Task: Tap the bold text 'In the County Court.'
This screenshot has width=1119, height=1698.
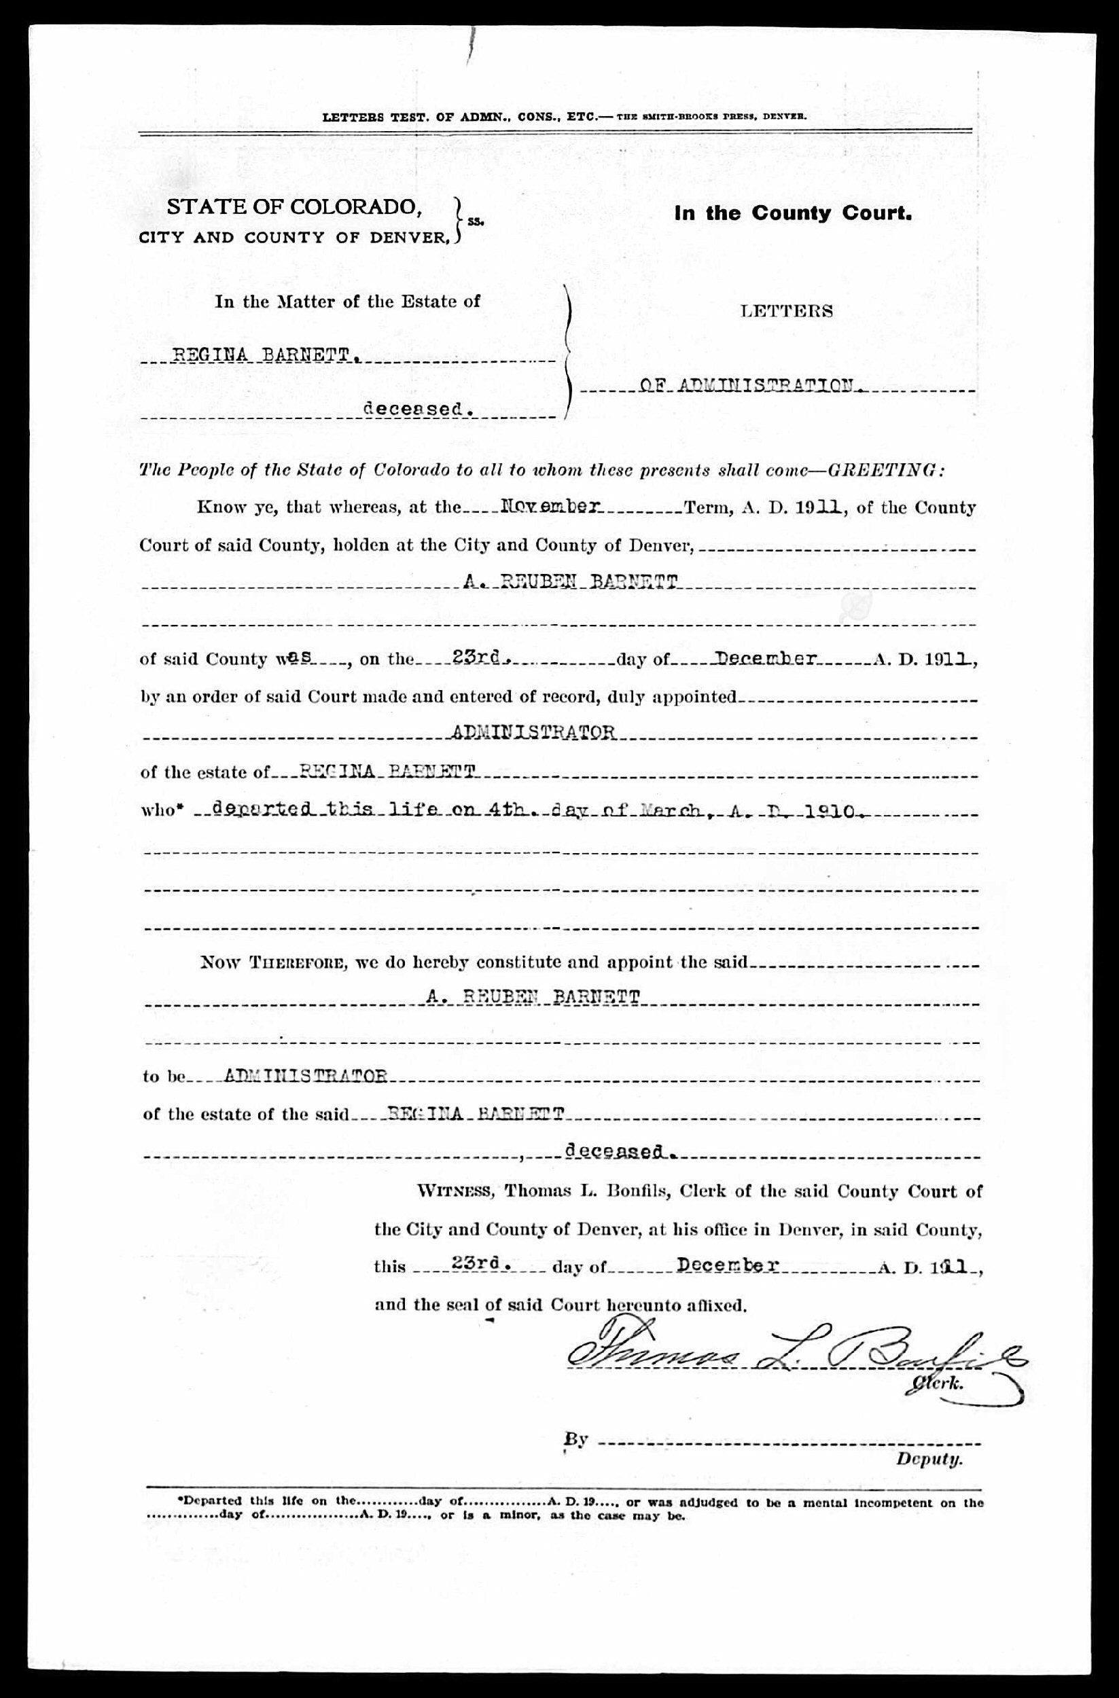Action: pyautogui.click(x=793, y=213)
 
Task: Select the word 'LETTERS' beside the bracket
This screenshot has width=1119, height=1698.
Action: pyautogui.click(x=787, y=311)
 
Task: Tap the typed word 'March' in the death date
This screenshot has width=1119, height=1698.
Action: pyautogui.click(x=673, y=811)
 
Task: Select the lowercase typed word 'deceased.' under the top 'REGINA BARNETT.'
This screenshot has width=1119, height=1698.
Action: pyautogui.click(x=419, y=410)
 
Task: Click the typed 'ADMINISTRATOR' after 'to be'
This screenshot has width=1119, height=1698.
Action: pyautogui.click(x=306, y=1076)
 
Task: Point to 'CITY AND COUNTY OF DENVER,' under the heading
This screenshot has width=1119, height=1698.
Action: pyautogui.click(x=292, y=238)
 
